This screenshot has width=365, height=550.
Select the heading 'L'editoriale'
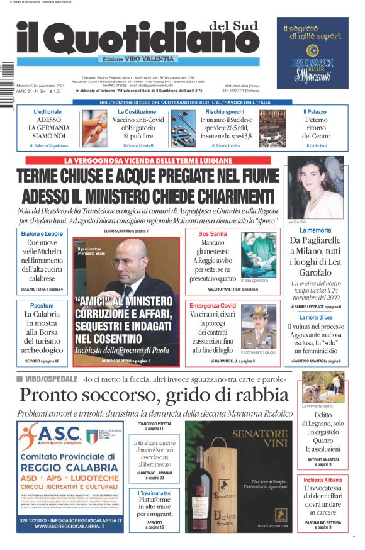click(48, 111)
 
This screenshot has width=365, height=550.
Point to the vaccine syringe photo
click(94, 128)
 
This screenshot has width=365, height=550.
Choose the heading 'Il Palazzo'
click(317, 111)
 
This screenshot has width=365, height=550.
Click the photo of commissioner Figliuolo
click(258, 327)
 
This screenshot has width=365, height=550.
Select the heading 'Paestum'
click(42, 305)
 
